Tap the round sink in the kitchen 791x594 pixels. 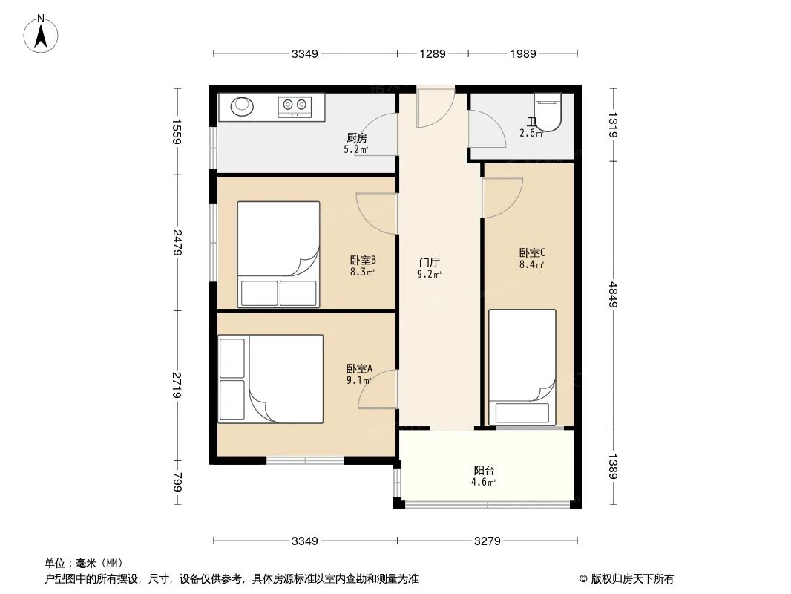[x=241, y=106]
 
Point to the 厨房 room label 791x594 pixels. [x=356, y=138]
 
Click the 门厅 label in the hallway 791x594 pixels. [x=430, y=263]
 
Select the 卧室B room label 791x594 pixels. [x=363, y=261]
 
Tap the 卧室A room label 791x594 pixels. [x=359, y=368]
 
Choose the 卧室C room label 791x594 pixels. [x=532, y=252]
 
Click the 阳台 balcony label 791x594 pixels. [x=484, y=470]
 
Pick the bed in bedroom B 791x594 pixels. [x=278, y=254]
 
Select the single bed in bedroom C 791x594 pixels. [x=522, y=367]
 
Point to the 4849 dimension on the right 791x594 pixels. [x=612, y=295]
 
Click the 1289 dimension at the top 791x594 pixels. [x=433, y=53]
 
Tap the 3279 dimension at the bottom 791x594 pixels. [x=488, y=541]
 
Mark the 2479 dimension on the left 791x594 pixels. [x=177, y=243]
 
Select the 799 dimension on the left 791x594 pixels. [x=177, y=483]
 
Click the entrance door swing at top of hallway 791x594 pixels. [x=434, y=108]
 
